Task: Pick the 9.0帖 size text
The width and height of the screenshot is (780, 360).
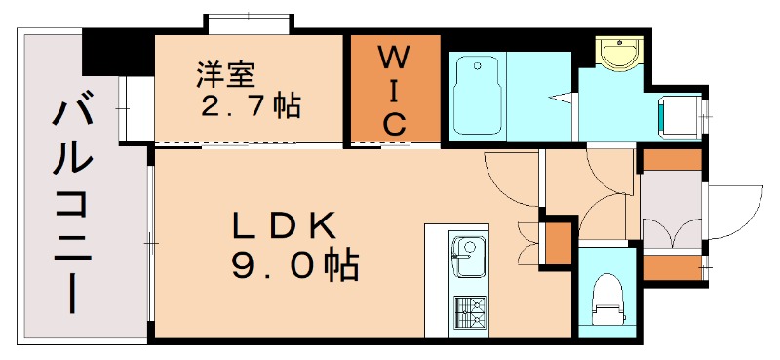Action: click(293, 265)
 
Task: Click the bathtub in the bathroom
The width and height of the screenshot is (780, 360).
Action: click(478, 94)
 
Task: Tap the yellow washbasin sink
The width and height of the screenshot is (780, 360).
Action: click(615, 54)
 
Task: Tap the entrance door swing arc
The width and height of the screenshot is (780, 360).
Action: click(733, 210)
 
